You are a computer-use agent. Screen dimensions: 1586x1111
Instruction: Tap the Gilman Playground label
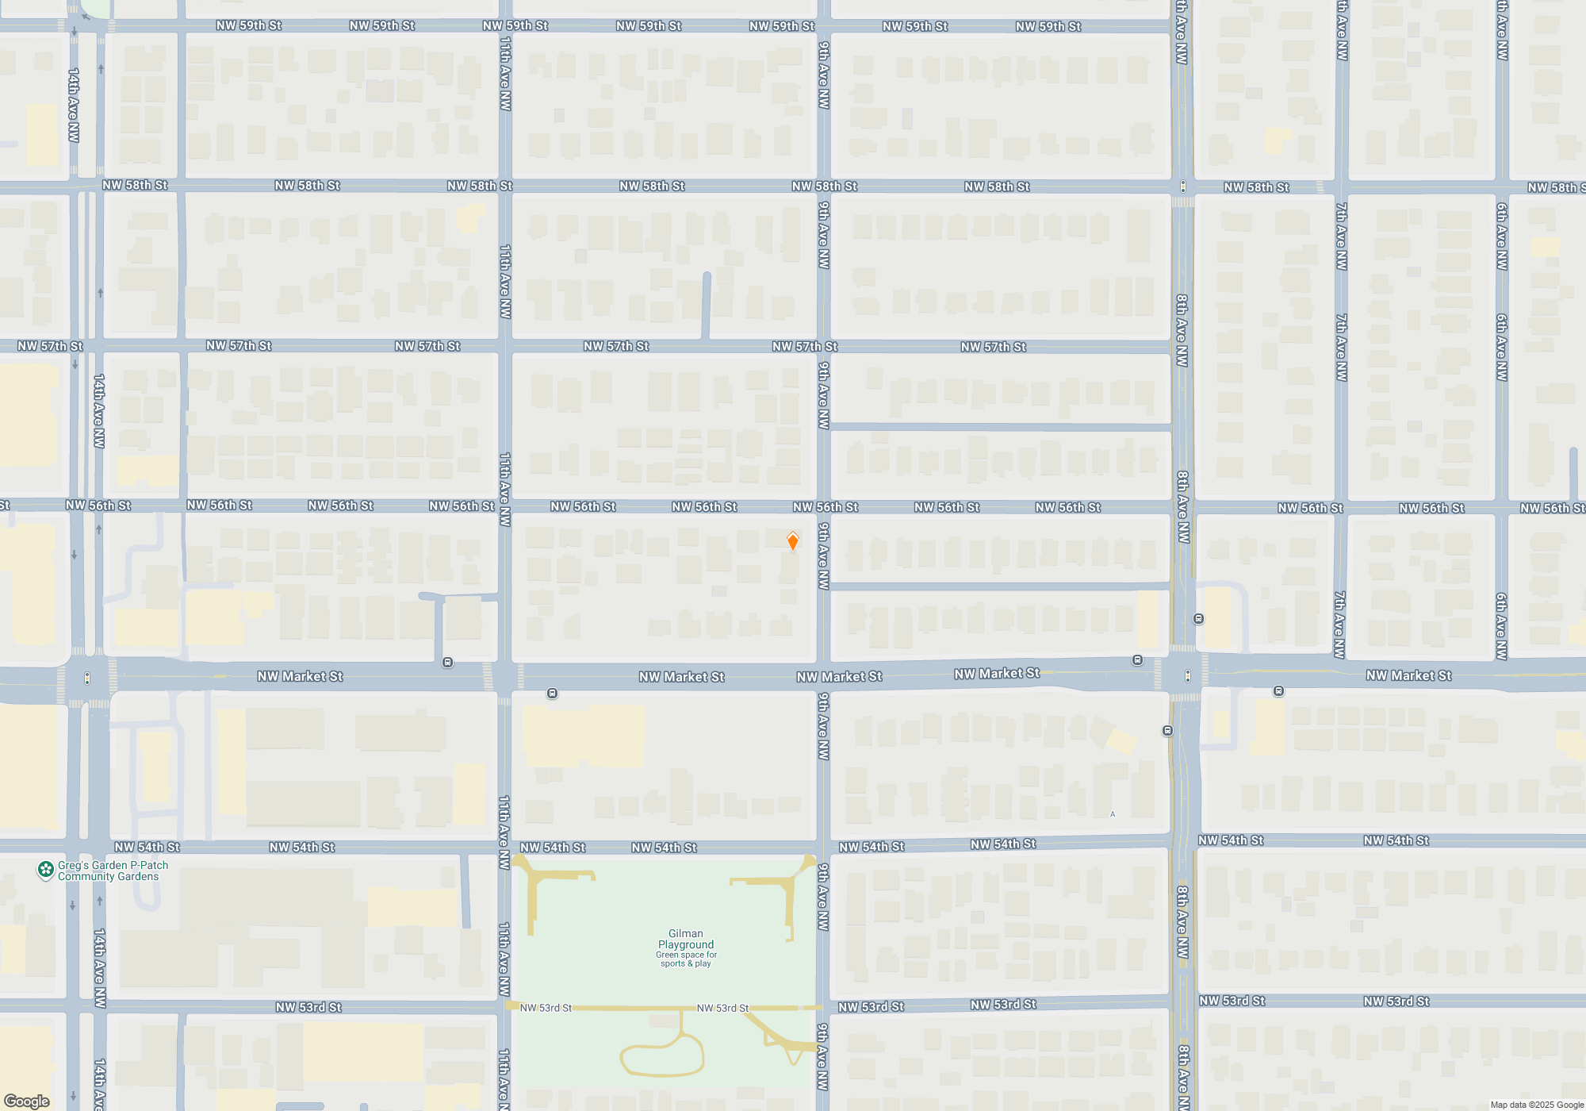click(686, 939)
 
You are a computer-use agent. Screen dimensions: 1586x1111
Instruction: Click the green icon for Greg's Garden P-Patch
click(46, 870)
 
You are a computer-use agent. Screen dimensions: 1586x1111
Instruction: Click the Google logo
click(27, 1101)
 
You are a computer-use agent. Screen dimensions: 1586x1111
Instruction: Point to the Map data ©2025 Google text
click(1536, 1105)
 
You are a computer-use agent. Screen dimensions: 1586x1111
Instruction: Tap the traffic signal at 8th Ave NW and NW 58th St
click(1183, 186)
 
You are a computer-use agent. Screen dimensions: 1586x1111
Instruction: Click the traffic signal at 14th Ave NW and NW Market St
click(87, 679)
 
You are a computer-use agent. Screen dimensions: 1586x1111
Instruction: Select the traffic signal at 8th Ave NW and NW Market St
click(1187, 676)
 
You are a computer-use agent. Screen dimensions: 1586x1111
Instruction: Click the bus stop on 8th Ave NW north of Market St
click(1198, 619)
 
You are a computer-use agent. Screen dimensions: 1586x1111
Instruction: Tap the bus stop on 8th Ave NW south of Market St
click(1167, 730)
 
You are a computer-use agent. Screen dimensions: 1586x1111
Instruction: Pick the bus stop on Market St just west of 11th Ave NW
click(447, 662)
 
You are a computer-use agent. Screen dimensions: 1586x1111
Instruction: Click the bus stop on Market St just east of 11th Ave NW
click(552, 694)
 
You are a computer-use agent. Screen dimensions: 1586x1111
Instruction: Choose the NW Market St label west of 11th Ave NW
click(300, 676)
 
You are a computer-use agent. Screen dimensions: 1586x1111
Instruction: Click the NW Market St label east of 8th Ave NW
click(1408, 675)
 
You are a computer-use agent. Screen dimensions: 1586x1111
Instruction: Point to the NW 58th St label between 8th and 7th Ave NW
click(1256, 187)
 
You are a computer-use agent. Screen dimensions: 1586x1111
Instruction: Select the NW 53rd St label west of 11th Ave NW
click(308, 1007)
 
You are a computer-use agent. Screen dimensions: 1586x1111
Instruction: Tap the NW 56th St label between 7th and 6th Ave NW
click(1431, 508)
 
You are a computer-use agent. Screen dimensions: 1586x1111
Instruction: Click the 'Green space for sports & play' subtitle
click(686, 959)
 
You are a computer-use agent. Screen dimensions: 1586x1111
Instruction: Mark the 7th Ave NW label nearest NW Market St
click(1339, 625)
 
